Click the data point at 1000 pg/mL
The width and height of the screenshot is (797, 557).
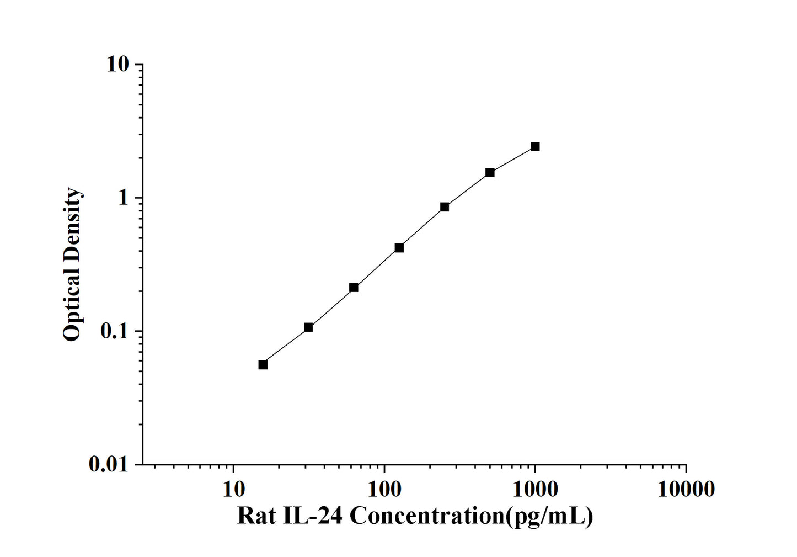click(x=535, y=146)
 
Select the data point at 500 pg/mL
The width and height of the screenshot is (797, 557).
click(x=490, y=172)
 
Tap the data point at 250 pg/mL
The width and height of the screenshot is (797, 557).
click(x=445, y=207)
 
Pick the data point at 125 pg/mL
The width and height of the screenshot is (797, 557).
click(x=399, y=248)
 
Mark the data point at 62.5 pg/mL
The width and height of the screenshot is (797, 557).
click(x=354, y=288)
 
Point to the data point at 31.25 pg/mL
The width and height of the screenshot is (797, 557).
click(x=308, y=327)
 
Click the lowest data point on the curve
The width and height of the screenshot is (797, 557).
click(x=263, y=365)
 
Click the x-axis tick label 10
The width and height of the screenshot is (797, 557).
click(x=233, y=489)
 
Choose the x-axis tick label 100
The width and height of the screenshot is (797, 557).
click(x=384, y=489)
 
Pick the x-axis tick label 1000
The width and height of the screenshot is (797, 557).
click(x=535, y=489)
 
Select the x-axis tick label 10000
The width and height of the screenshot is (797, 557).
click(x=686, y=489)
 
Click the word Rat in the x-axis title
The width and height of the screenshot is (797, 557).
click(x=255, y=516)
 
